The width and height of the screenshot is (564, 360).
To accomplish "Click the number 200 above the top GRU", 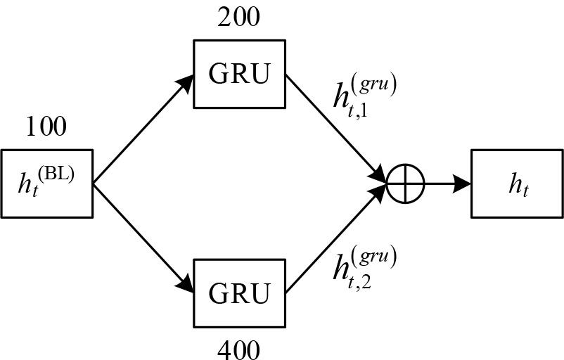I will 239,15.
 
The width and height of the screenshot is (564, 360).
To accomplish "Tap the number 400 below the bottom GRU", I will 239,349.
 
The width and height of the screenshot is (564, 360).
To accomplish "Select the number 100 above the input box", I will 46,127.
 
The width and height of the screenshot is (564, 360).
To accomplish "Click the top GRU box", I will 239,74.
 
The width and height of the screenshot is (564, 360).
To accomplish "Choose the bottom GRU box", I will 239,293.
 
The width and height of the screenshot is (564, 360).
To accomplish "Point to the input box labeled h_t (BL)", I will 47,183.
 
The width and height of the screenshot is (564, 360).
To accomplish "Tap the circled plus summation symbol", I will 406,184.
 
